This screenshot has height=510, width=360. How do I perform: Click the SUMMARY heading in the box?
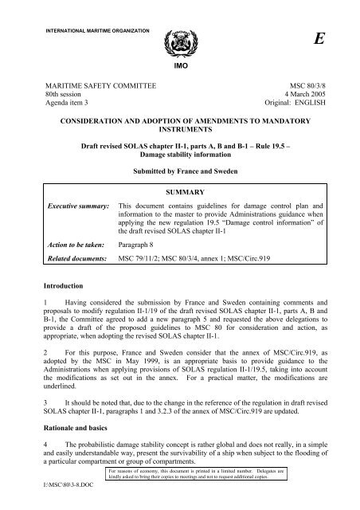coord(180,192)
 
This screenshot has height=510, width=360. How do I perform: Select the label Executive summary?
coord(76,206)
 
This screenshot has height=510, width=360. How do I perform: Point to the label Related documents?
coord(74,261)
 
